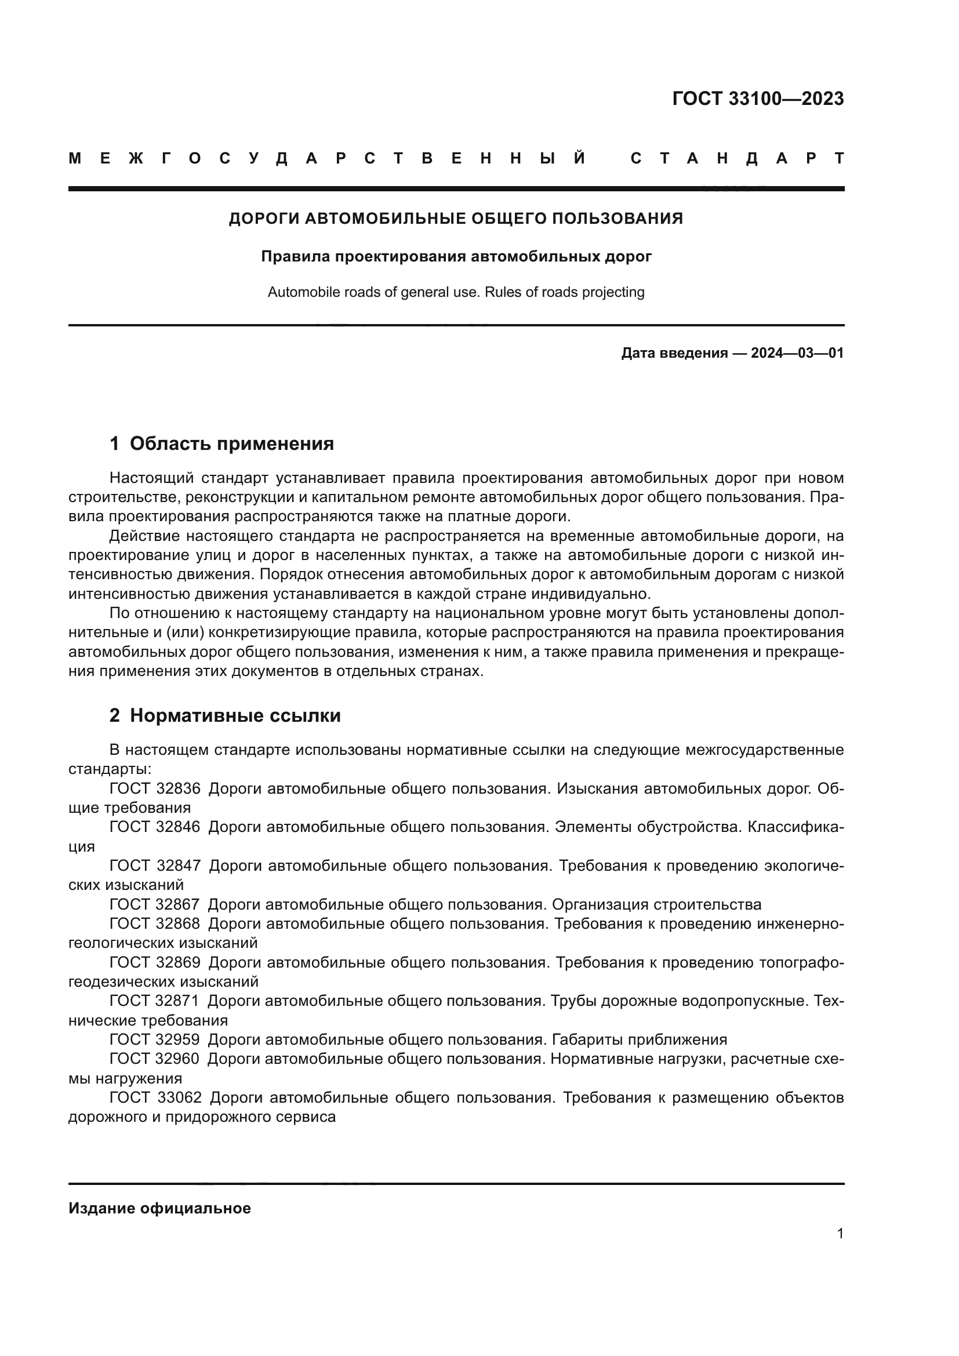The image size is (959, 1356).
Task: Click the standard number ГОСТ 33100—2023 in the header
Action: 758,99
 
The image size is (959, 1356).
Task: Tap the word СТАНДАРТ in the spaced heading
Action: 737,159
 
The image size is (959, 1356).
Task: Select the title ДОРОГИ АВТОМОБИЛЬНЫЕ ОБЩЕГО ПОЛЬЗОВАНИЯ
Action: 455,219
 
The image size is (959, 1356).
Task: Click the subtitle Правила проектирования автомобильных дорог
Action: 456,257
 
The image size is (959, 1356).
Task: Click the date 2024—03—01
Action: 797,354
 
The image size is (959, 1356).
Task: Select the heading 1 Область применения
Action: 221,443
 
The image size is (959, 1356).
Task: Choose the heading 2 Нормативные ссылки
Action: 225,716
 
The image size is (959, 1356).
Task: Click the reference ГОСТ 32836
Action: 155,788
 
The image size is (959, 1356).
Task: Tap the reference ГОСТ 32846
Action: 155,827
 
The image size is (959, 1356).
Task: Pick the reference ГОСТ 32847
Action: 155,866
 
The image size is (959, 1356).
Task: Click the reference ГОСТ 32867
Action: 155,904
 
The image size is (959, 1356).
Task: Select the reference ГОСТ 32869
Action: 155,962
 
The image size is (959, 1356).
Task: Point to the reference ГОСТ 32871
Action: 155,1001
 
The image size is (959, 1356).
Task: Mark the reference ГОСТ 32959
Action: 155,1039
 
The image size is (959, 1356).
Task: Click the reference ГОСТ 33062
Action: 155,1097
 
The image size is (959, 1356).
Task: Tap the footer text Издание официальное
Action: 159,1208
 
